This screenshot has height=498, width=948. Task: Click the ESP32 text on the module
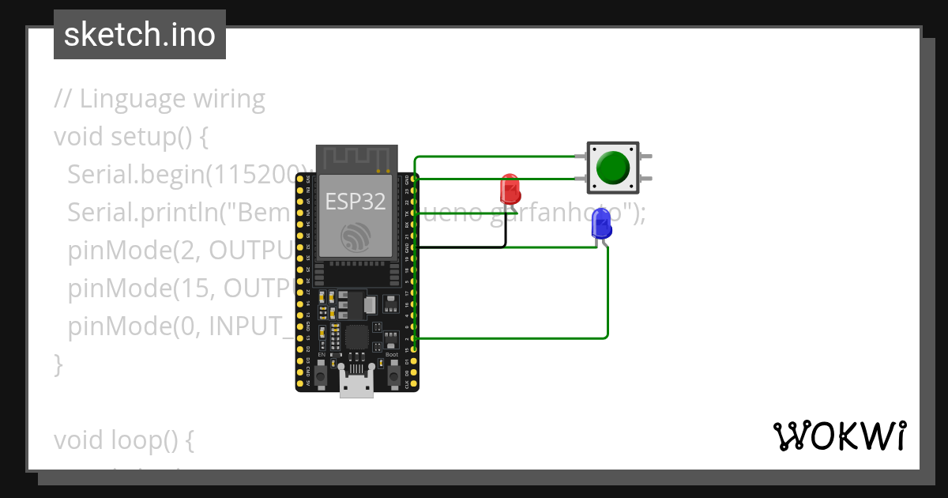[355, 202]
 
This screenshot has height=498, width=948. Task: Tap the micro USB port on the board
[356, 383]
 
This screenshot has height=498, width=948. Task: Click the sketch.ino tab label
[140, 35]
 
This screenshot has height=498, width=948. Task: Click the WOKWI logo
[839, 436]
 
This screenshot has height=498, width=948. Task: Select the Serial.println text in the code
[134, 213]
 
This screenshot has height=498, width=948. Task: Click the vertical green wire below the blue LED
[608, 292]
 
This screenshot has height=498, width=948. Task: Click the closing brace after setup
[58, 364]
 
